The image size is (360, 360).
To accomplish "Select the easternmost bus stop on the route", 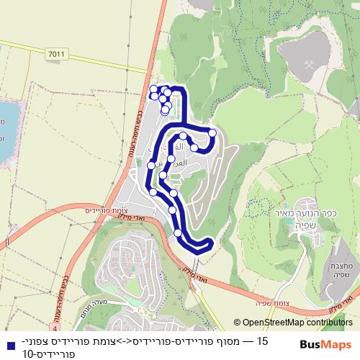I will click(x=212, y=132).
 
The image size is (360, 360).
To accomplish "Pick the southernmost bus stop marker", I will click(x=178, y=233).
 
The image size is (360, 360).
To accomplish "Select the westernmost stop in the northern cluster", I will click(x=153, y=89).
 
